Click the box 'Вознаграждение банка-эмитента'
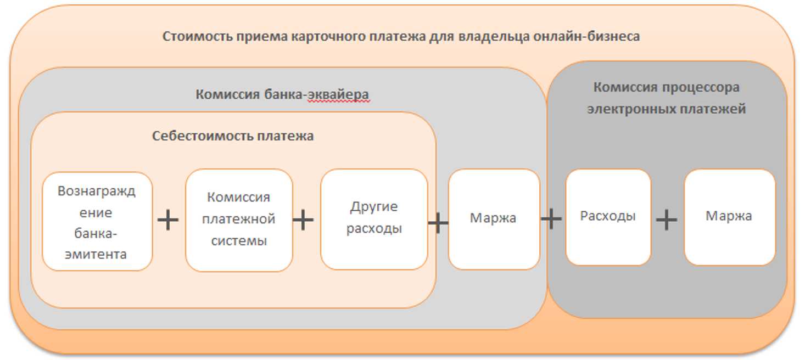(97, 222)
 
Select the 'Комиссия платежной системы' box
(238, 220)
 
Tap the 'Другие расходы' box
(374, 218)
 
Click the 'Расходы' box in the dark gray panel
(608, 217)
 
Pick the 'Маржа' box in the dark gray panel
(729, 217)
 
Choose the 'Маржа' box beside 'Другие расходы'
(493, 218)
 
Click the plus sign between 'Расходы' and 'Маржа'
(667, 220)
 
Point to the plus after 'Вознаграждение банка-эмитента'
(168, 220)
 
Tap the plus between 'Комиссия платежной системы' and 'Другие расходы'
(303, 220)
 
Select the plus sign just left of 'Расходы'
(551, 219)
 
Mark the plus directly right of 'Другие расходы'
(438, 222)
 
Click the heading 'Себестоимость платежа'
(233, 136)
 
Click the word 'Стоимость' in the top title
(189, 37)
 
